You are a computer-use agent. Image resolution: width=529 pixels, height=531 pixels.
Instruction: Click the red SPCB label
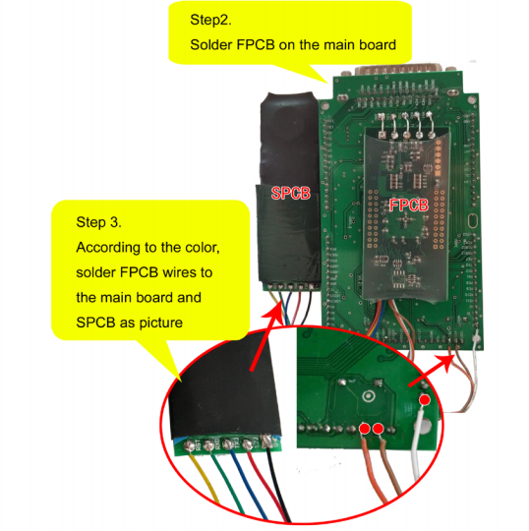click(x=291, y=193)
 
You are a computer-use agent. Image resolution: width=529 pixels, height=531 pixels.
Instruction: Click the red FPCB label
click(x=409, y=206)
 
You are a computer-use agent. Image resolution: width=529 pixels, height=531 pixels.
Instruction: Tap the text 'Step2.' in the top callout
click(x=210, y=20)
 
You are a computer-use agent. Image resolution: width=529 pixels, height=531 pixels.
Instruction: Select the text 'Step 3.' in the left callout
click(x=98, y=222)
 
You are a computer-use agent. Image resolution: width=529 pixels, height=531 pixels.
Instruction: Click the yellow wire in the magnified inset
click(x=205, y=478)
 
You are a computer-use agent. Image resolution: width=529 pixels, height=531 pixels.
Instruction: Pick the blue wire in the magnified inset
click(x=249, y=484)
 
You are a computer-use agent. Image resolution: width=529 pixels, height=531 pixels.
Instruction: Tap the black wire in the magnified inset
click(x=278, y=484)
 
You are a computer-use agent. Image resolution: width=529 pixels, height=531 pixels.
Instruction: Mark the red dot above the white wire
click(x=425, y=400)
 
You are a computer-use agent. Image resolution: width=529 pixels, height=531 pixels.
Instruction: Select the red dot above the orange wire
click(x=365, y=429)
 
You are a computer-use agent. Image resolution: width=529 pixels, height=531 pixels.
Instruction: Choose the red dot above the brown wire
click(x=378, y=429)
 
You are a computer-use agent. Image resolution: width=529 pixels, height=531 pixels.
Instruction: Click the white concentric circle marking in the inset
click(x=369, y=395)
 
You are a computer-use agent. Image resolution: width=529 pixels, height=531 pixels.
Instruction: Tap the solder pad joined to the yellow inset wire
click(x=189, y=445)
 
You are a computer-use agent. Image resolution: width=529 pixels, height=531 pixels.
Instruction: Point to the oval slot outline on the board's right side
click(x=472, y=221)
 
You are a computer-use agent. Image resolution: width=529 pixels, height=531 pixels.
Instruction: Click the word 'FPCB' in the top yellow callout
click(x=256, y=44)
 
